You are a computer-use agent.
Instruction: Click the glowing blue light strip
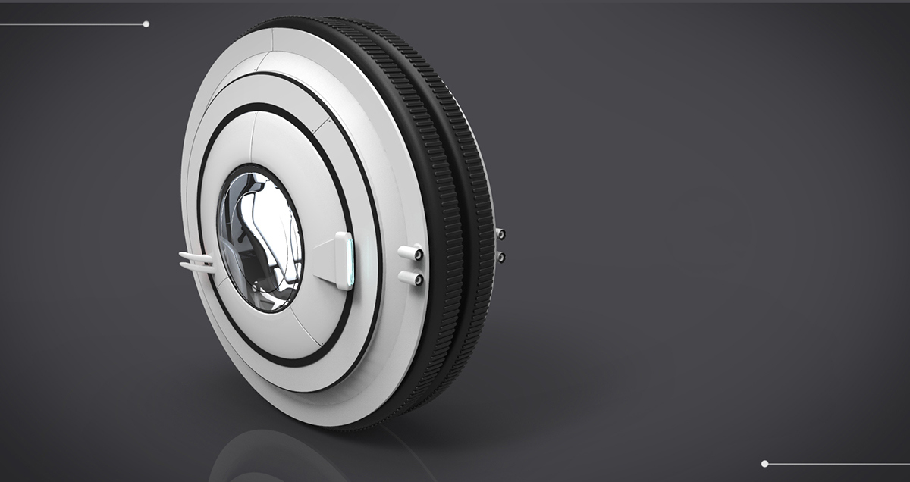click(348, 261)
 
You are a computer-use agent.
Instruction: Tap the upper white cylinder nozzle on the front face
click(410, 252)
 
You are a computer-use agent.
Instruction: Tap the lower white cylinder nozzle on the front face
click(410, 278)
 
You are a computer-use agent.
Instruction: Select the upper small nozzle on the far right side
click(500, 234)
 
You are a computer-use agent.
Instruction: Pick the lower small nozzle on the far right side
click(500, 257)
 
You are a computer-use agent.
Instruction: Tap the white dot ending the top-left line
click(146, 24)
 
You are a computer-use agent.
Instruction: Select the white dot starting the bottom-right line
click(764, 463)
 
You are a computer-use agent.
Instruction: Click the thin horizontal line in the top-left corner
click(72, 24)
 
